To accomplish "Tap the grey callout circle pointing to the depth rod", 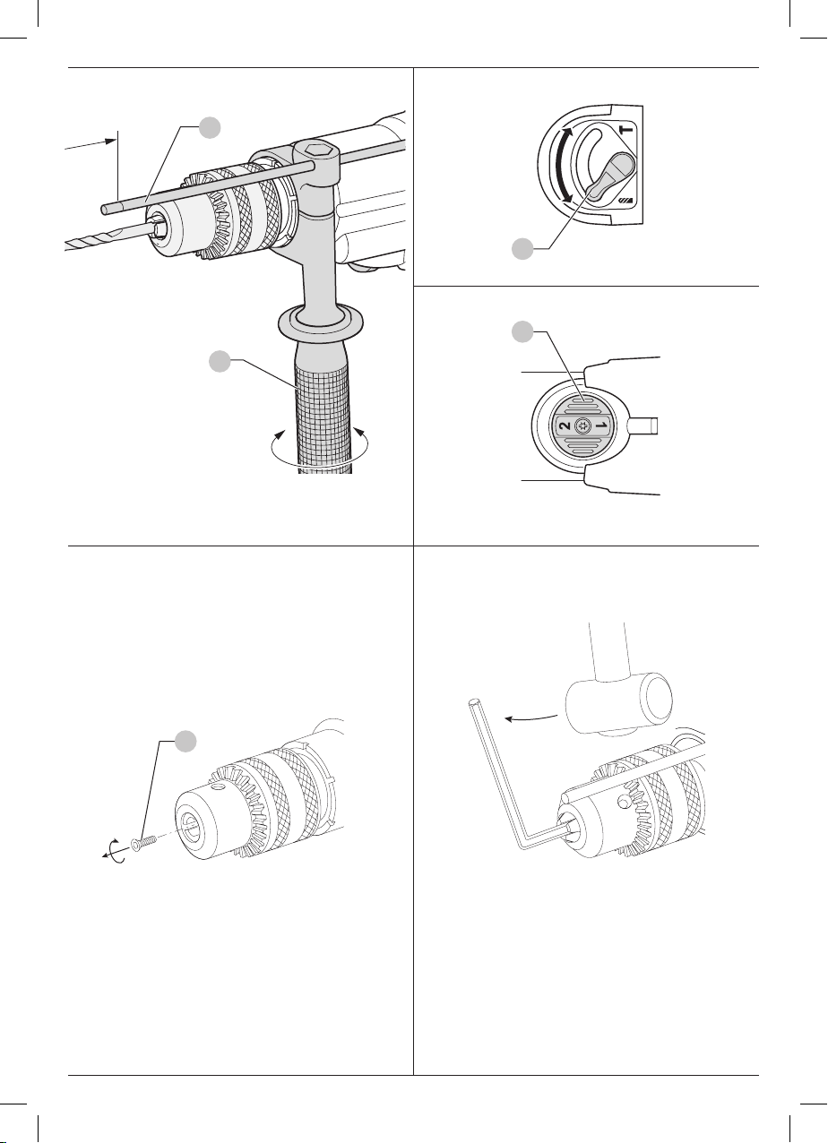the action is tap(210, 127).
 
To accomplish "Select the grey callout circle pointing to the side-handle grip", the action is tap(220, 361).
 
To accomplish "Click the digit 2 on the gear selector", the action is tap(565, 425).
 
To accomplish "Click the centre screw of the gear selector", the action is tap(583, 425).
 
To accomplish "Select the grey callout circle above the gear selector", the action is tap(522, 332).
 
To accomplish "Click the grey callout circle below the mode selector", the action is tap(522, 248).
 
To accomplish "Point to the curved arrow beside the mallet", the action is tap(530, 718).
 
